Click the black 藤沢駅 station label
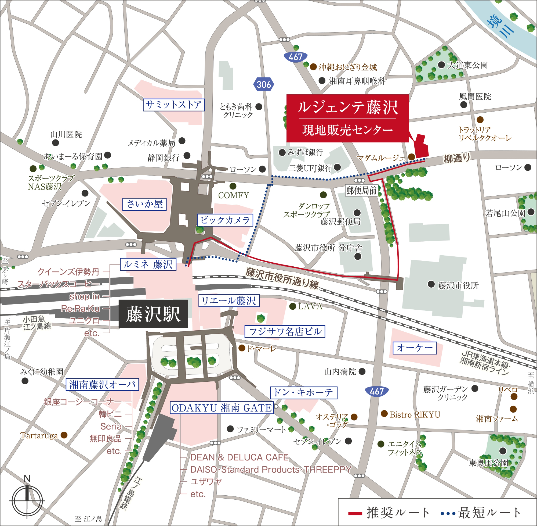click(153, 314)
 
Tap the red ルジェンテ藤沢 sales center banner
click(347, 118)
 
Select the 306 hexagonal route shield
click(264, 84)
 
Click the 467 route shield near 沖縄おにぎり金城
click(296, 57)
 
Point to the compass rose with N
click(27, 500)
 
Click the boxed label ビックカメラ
click(225, 220)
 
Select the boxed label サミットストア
click(173, 105)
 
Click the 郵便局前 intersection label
click(361, 190)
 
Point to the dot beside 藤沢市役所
click(431, 284)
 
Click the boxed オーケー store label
click(415, 348)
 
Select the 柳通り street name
click(456, 158)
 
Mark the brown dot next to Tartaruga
click(64, 435)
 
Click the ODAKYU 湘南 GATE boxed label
click(222, 408)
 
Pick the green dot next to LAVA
click(292, 306)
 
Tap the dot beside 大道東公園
click(441, 65)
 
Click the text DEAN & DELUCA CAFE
click(239, 457)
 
